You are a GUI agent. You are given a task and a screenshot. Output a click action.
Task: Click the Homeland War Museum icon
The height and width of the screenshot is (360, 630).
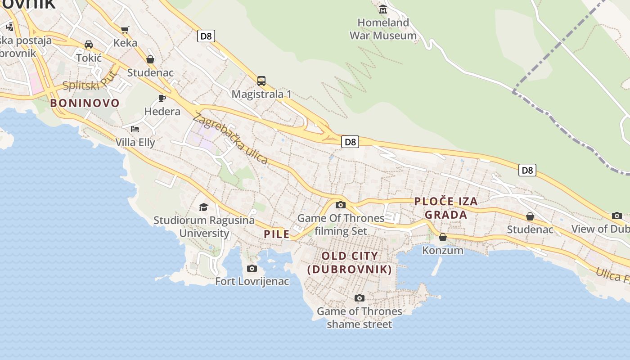383,9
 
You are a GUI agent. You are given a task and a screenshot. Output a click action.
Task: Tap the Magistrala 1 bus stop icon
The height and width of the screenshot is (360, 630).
261,81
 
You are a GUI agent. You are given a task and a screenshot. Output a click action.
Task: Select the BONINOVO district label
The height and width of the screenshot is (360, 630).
85,103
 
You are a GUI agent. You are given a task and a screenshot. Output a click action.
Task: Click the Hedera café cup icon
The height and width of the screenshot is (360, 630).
162,98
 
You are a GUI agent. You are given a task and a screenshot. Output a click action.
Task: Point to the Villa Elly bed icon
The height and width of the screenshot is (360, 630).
135,129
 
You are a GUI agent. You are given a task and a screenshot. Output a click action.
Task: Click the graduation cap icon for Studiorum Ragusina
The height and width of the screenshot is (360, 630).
204,207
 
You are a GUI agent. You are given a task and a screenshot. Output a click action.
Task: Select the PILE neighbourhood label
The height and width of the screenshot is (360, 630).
277,234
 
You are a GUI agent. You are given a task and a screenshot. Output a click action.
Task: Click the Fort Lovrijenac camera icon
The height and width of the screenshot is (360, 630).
252,268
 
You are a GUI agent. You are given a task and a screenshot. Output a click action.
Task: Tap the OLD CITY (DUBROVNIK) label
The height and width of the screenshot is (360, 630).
350,263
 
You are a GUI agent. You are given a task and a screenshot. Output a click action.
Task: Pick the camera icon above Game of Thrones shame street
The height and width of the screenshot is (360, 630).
359,298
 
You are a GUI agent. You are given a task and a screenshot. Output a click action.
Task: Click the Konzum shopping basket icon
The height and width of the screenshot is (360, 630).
443,237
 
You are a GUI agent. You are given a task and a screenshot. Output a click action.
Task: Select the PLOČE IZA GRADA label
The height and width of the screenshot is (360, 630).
446,208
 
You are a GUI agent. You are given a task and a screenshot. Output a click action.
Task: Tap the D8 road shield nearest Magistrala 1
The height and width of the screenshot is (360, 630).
206,36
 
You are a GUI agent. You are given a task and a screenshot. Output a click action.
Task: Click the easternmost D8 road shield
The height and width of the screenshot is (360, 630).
527,170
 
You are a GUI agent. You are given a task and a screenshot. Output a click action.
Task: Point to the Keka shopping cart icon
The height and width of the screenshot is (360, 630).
125,30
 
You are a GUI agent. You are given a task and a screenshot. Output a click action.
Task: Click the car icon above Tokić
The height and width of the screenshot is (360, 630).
89,45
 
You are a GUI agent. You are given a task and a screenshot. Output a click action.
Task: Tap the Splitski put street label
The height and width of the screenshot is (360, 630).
90,81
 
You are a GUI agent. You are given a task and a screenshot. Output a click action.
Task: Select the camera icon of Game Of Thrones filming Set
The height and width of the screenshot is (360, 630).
341,205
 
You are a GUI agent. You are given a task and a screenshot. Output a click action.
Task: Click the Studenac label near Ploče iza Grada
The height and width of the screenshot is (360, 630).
530,229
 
